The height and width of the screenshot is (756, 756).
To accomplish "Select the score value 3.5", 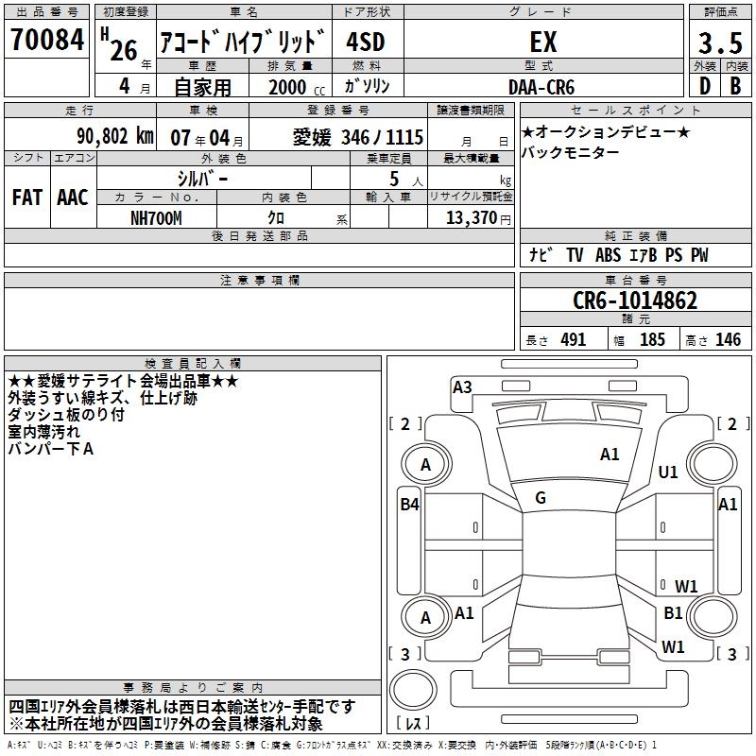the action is tap(719, 43).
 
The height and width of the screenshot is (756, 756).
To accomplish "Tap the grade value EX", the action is tap(542, 43).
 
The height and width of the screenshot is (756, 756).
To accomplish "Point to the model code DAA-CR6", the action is tap(540, 87).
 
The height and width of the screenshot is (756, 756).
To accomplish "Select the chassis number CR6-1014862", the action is tap(635, 301).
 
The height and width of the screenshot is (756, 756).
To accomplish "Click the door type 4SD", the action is tap(366, 43).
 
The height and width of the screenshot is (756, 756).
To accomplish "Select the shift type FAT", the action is tap(26, 198).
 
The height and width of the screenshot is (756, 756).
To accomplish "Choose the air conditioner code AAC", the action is tap(73, 198).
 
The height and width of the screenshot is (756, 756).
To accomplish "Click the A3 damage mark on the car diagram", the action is tap(462, 387).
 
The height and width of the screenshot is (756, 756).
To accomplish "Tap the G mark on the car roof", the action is tap(541, 498).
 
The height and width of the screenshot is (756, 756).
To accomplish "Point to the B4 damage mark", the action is tap(409, 505).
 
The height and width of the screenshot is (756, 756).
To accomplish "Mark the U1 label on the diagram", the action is tap(668, 472).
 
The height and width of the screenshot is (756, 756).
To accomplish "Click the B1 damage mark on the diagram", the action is tap(673, 613).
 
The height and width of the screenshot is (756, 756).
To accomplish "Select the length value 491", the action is tap(574, 340).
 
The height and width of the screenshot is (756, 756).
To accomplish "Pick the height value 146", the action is tap(728, 340).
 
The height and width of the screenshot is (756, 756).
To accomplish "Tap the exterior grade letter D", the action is tap(704, 87).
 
